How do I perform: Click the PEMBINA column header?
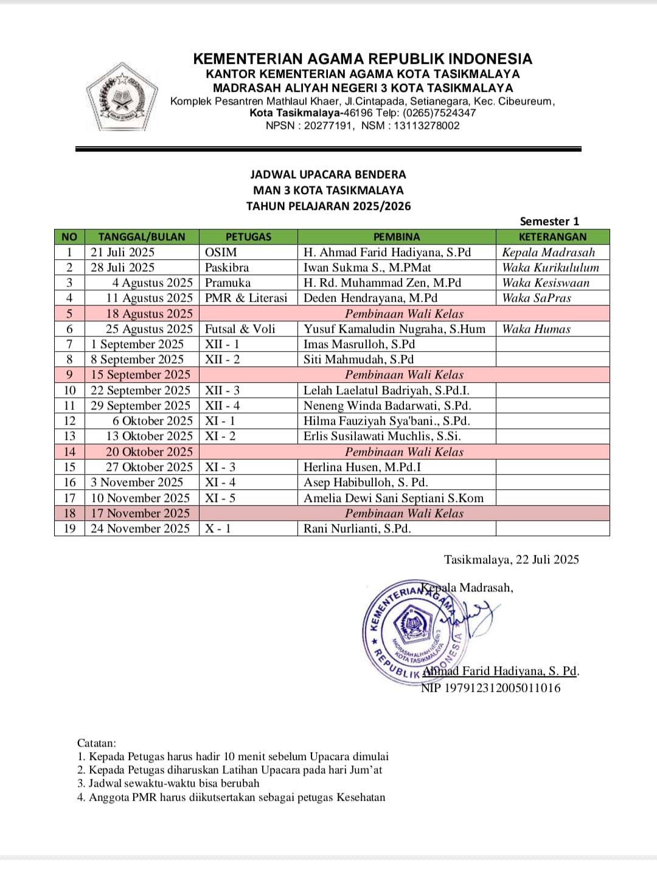click(x=396, y=237)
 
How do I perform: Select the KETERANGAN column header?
click(x=552, y=237)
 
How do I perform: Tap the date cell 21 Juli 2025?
click(x=123, y=252)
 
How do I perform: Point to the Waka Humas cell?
click(x=537, y=329)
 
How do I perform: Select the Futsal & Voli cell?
click(x=240, y=329)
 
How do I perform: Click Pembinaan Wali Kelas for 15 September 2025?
click(x=404, y=374)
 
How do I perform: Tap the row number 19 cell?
click(x=69, y=528)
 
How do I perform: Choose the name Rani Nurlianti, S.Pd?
click(x=357, y=528)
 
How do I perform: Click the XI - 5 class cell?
click(x=220, y=498)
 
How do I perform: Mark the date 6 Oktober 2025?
click(x=152, y=420)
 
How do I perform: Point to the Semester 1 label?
click(x=549, y=221)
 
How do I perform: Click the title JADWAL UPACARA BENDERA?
click(x=328, y=175)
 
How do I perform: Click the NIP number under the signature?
click(x=491, y=688)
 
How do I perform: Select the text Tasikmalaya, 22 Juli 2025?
click(x=511, y=559)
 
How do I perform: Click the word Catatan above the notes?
click(x=96, y=742)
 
